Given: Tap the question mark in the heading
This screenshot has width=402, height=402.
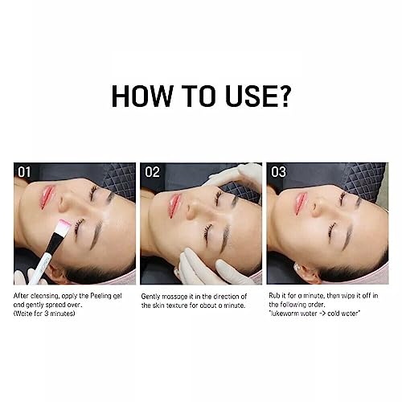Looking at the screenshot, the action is (x=282, y=96).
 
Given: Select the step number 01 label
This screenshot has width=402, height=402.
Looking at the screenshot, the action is (x=24, y=172).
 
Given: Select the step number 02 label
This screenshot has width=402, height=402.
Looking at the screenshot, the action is (x=152, y=172).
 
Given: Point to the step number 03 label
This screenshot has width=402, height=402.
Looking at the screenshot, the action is (x=278, y=172).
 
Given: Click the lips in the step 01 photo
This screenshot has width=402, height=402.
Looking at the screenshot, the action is (x=47, y=197).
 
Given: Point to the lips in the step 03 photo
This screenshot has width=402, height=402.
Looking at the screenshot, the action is (x=300, y=203).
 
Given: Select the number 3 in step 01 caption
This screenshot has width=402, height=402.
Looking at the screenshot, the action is (x=47, y=314).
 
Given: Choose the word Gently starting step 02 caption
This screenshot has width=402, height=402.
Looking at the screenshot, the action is (x=150, y=297).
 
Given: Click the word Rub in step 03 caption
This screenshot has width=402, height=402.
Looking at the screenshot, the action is (x=274, y=296).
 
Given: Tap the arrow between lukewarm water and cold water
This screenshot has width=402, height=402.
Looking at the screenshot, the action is (x=322, y=314).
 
